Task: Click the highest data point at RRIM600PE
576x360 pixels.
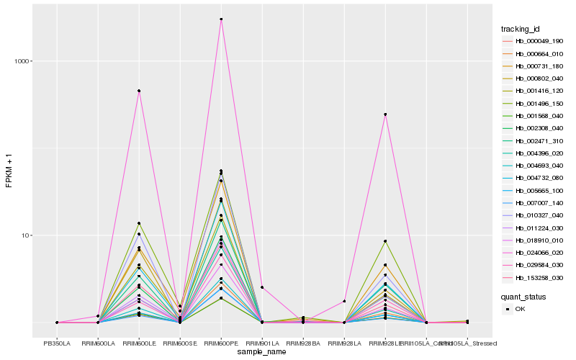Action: click(x=221, y=19)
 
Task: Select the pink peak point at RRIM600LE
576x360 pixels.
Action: click(x=139, y=91)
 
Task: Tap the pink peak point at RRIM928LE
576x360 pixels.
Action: click(x=385, y=114)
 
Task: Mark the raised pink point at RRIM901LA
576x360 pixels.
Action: click(x=262, y=287)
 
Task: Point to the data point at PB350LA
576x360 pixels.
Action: click(x=57, y=323)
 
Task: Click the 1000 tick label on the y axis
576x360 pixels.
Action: click(x=21, y=61)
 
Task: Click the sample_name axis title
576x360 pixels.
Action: click(x=262, y=352)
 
